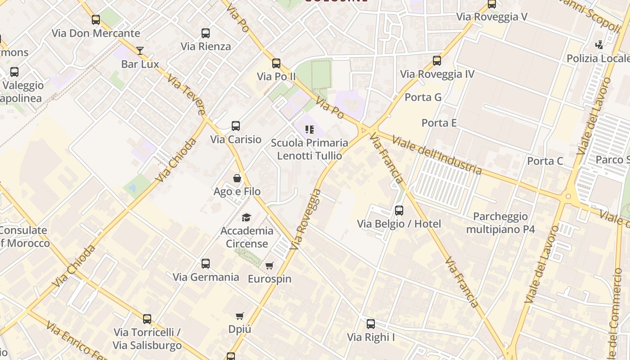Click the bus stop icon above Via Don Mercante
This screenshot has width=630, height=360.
tap(95, 20)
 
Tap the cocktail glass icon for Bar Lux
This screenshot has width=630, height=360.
tap(140, 50)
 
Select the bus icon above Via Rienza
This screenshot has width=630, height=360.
tap(206, 33)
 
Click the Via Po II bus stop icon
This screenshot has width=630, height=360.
tap(276, 63)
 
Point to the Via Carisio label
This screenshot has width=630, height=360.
tap(236, 139)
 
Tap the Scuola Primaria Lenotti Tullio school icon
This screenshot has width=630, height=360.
tap(309, 130)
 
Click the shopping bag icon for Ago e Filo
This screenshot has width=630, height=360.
tap(237, 178)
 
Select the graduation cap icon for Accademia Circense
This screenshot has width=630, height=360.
tap(246, 218)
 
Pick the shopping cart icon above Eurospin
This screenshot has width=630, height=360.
tap(270, 265)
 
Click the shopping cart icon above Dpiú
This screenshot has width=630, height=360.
tap(240, 316)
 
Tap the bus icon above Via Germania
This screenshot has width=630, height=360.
tap(206, 264)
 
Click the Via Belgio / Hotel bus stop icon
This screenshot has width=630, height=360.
tap(399, 211)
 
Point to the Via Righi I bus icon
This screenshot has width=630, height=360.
tap(371, 324)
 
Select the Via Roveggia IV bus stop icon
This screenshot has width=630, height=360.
tap(437, 61)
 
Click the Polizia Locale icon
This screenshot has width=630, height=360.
tap(599, 45)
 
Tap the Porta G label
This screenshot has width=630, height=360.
tap(423, 97)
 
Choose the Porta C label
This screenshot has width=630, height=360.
tap(545, 161)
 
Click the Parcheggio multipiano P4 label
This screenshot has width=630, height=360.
tap(500, 223)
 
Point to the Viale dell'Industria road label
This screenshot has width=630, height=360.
tap(436, 154)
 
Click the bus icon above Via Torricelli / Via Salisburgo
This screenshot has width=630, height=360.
tap(147, 319)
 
